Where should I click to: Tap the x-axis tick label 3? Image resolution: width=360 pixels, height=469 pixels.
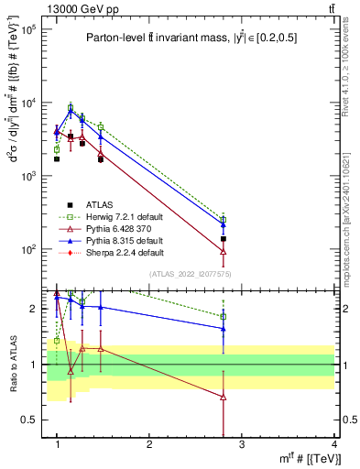click(x=242, y=444)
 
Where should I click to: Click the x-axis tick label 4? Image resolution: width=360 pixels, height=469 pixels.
click(x=333, y=444)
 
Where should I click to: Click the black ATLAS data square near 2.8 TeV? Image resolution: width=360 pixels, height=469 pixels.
click(x=224, y=238)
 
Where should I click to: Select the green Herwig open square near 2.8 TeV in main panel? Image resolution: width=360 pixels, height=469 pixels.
click(x=224, y=220)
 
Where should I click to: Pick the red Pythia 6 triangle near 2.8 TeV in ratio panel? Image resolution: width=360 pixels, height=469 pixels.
click(x=224, y=397)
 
